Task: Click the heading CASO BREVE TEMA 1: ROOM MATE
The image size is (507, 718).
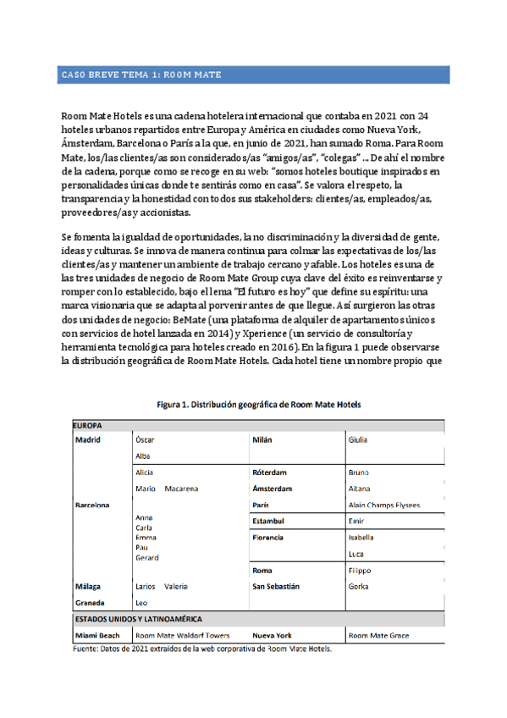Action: pyautogui.click(x=141, y=75)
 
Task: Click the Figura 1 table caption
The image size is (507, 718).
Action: pyautogui.click(x=259, y=405)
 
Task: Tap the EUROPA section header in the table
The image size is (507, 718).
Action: pyautogui.click(x=88, y=425)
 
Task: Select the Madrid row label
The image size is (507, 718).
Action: pyautogui.click(x=87, y=440)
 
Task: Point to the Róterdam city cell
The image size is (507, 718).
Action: pyautogui.click(x=270, y=472)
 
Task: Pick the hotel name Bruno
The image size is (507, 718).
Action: pyautogui.click(x=360, y=472)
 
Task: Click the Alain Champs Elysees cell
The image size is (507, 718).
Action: pyautogui.click(x=383, y=505)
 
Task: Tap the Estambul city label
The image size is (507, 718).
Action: pyautogui.click(x=272, y=521)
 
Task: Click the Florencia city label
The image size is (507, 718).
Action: pyautogui.click(x=273, y=538)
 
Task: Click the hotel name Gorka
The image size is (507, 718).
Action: pyautogui.click(x=359, y=586)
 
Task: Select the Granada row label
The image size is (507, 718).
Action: pyautogui.click(x=90, y=603)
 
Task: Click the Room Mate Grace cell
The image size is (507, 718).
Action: pyautogui.click(x=378, y=635)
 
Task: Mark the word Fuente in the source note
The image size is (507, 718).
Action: pyautogui.click(x=86, y=649)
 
